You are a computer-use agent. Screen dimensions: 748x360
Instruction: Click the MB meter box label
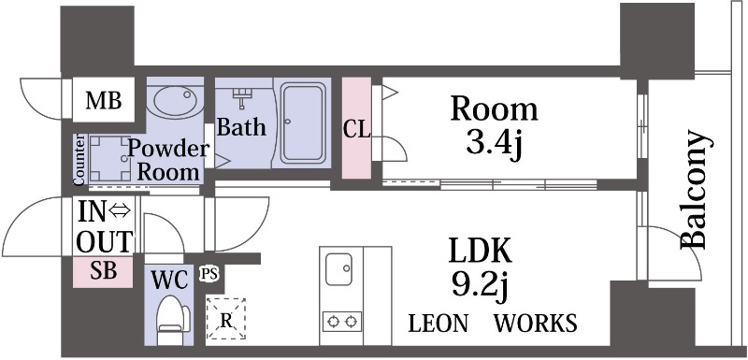pyautogui.click(x=104, y=101)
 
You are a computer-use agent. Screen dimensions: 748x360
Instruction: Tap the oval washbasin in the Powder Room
pyautogui.click(x=176, y=102)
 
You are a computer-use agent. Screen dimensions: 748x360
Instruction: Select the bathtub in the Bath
pyautogui.click(x=303, y=123)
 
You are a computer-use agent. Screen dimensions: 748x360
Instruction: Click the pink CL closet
pyautogui.click(x=356, y=128)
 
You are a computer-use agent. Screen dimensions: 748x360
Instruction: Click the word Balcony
pyautogui.click(x=693, y=189)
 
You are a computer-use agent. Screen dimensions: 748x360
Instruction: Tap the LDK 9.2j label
pyautogui.click(x=480, y=267)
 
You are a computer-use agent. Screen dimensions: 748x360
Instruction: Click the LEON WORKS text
pyautogui.click(x=493, y=324)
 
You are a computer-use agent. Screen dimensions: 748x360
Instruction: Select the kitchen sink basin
pyautogui.click(x=338, y=269)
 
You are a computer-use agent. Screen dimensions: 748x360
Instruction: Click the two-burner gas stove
pyautogui.click(x=342, y=322)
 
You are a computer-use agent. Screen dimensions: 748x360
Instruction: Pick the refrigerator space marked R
pyautogui.click(x=225, y=319)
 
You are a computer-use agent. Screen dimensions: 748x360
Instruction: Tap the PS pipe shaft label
pyautogui.click(x=209, y=274)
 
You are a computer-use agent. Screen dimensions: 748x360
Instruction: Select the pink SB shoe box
pyautogui.click(x=103, y=272)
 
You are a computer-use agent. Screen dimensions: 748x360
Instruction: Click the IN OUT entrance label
pyautogui.click(x=105, y=226)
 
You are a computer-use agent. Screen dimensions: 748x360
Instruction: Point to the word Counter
pyautogui.click(x=79, y=159)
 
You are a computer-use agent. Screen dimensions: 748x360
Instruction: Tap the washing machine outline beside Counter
pyautogui.click(x=109, y=158)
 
